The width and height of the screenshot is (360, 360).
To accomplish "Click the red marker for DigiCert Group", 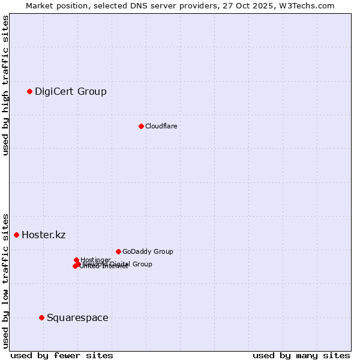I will click(x=29, y=91).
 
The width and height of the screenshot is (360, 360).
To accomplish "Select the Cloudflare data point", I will click(x=141, y=126).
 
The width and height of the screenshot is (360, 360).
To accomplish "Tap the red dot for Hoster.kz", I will click(x=16, y=235).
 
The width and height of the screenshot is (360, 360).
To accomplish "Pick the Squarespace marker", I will click(x=41, y=317).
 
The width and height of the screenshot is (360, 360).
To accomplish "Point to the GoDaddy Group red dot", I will click(x=118, y=251).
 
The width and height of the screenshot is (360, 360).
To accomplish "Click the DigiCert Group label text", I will click(x=71, y=91).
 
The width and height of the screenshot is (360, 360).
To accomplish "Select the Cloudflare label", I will click(x=161, y=126).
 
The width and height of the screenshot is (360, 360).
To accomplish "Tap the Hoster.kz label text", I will click(x=43, y=235).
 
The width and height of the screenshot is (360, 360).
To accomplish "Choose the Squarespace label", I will click(x=77, y=317).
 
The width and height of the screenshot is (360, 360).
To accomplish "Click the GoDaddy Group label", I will click(x=148, y=251).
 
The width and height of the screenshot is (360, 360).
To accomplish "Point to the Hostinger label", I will click(x=95, y=260).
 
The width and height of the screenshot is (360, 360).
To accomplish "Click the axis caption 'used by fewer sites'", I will click(x=62, y=355).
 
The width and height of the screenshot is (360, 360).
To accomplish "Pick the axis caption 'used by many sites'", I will click(x=301, y=355).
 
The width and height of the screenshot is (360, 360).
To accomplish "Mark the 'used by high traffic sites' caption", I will click(x=5, y=85).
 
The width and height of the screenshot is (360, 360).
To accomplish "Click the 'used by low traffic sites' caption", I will click(x=5, y=280).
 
